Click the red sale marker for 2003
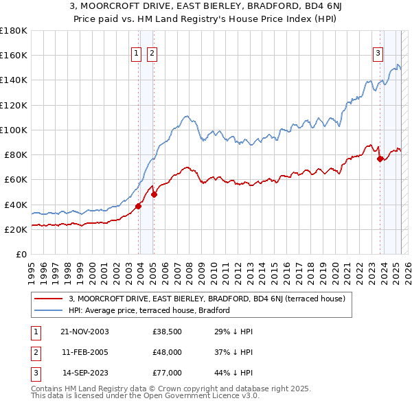(x=139, y=205)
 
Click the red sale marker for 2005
(x=154, y=194)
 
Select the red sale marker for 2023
(x=380, y=159)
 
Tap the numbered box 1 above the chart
(x=136, y=55)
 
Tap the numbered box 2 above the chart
(x=152, y=55)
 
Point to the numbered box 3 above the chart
(x=378, y=55)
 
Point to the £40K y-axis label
(x=16, y=205)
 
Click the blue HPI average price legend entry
(x=149, y=310)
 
